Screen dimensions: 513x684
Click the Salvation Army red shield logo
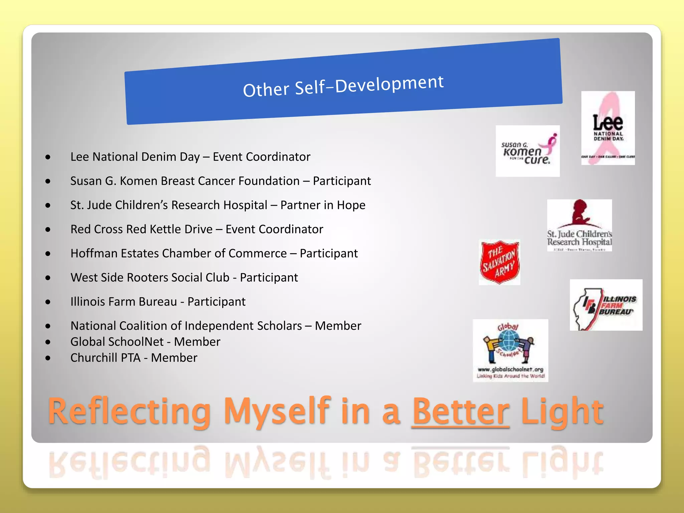click(x=499, y=262)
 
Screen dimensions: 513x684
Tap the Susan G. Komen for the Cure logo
click(x=527, y=151)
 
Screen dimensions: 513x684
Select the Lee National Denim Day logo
click(x=608, y=128)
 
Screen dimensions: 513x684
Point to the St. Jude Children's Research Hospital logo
click(x=579, y=225)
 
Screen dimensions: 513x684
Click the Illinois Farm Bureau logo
click(x=606, y=305)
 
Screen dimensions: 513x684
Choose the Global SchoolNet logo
click(x=510, y=350)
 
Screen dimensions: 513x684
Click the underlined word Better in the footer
click(x=461, y=411)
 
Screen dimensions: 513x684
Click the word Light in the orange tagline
click(x=562, y=411)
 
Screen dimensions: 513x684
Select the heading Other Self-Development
click(x=343, y=86)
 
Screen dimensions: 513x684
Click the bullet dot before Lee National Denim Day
click(x=48, y=157)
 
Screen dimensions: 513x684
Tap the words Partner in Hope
click(x=323, y=205)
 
